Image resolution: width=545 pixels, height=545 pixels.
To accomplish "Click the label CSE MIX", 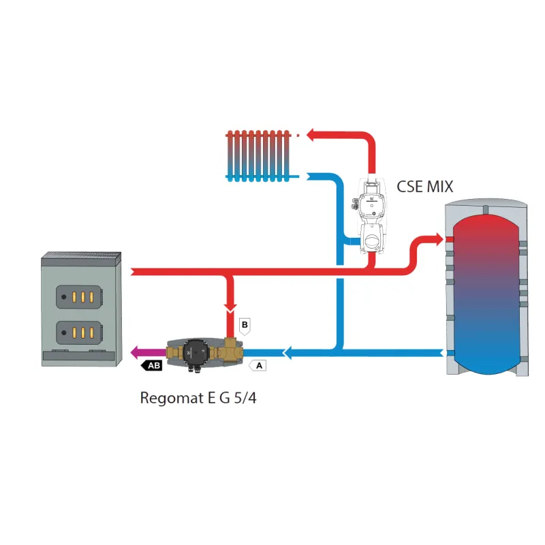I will coord(424,186).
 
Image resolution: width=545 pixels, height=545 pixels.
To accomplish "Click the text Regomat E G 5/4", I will coord(198,397).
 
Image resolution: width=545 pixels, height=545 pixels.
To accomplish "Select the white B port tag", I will coord(246,326).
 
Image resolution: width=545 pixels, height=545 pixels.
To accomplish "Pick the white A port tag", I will coord(258,366).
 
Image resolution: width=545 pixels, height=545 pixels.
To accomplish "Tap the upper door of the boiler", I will coord(80,296).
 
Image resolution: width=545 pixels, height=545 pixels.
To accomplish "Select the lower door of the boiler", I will coord(80,332).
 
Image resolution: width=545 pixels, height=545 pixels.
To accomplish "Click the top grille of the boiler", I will coord(82,258).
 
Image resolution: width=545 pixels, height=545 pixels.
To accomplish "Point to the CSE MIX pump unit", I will coord(371,215).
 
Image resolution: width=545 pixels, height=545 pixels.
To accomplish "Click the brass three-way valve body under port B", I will coord(232,350).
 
